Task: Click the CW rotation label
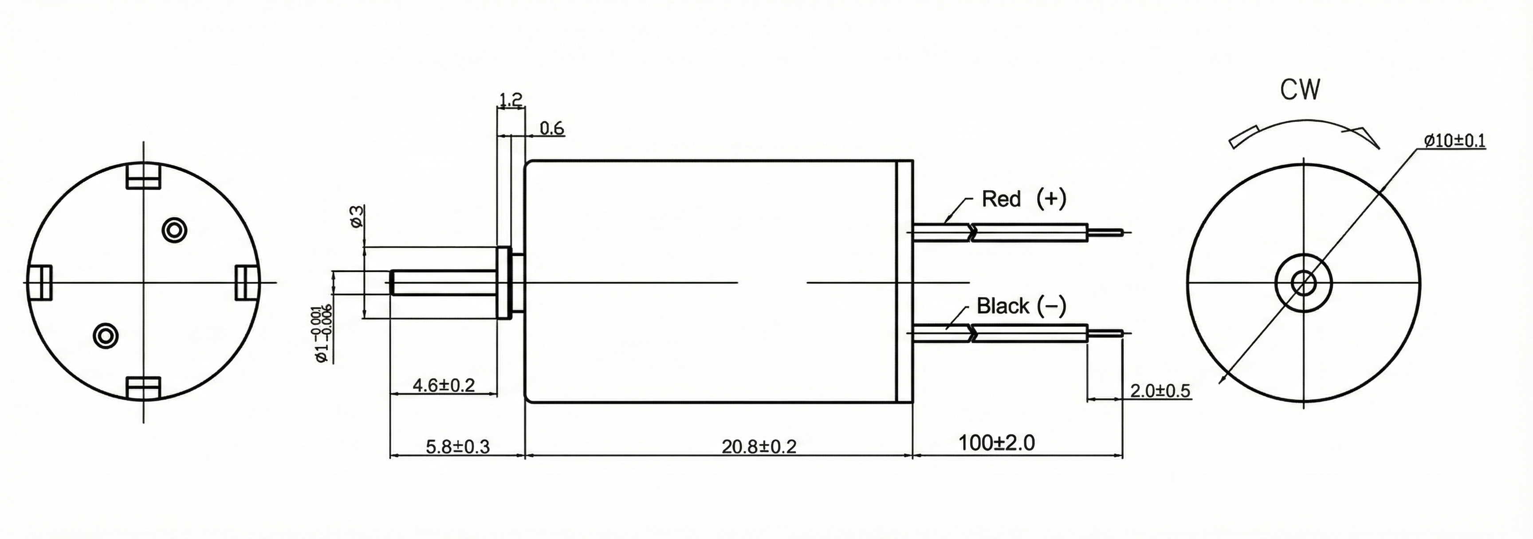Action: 1300,90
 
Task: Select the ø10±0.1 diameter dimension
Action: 1454,141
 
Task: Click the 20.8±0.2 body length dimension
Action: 759,446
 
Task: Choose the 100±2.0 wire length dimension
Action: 996,443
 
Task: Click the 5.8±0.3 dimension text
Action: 458,447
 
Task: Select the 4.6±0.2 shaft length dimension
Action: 444,386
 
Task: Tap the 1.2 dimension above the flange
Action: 510,99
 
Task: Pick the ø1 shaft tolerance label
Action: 322,333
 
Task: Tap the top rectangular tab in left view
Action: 144,176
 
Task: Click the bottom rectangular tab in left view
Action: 144,387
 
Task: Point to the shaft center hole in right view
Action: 1304,283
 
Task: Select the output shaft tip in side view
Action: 394,283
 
